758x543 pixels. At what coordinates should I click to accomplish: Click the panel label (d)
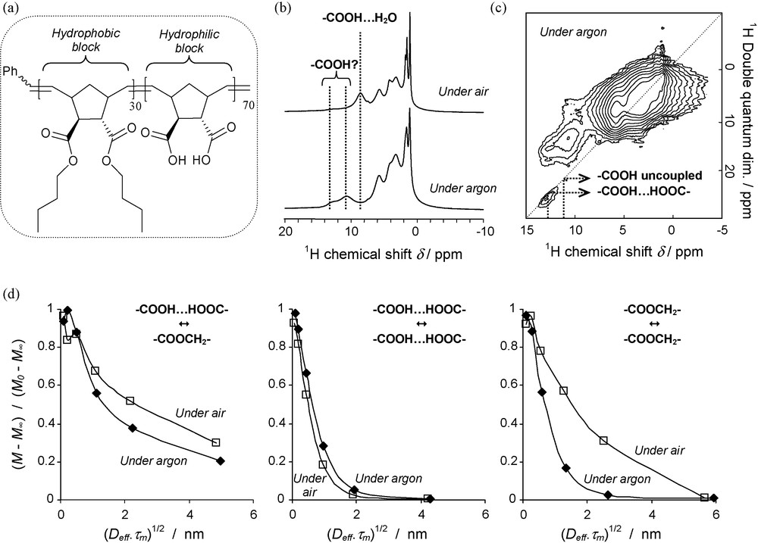click(x=14, y=292)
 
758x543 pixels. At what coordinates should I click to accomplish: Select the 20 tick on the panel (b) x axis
click(x=286, y=229)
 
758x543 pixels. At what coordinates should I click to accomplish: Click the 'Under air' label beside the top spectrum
click(x=456, y=92)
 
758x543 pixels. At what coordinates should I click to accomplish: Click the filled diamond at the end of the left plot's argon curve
click(x=221, y=461)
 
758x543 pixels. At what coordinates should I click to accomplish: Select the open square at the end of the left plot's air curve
click(x=216, y=442)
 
